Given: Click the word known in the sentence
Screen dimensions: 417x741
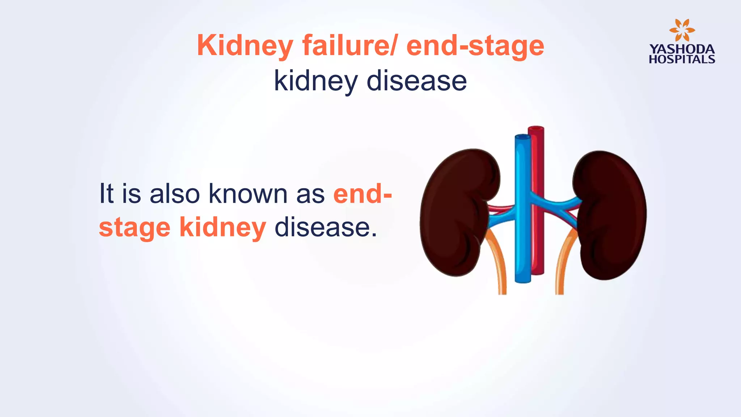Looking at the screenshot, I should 248,194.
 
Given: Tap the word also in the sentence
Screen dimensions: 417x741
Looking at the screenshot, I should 174,194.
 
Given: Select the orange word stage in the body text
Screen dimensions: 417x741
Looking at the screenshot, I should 135,228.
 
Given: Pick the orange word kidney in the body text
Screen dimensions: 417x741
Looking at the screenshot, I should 223,228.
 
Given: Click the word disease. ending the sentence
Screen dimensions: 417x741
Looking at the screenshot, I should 326,228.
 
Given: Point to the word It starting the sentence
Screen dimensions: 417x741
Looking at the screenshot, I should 106,194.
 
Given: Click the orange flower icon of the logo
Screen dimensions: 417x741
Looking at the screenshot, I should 682,30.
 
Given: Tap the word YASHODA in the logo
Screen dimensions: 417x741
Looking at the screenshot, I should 682,49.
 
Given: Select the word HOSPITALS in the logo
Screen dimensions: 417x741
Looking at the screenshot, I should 682,59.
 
